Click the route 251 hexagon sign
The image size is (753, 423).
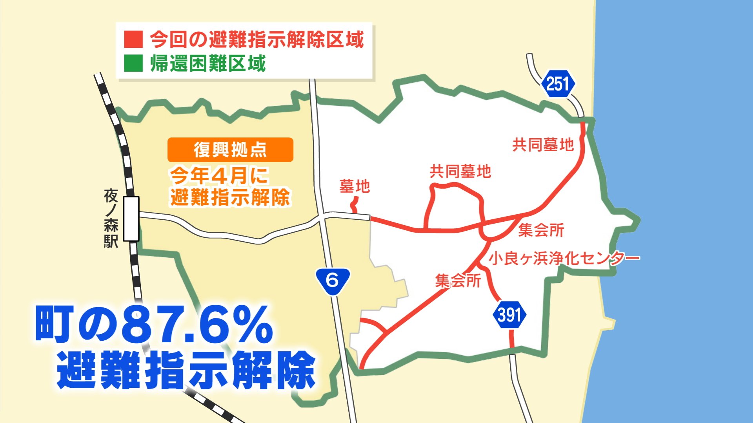557,84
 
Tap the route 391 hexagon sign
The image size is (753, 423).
509,315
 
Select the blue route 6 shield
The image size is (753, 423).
333,280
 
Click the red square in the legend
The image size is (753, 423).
133,40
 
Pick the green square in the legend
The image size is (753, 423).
133,63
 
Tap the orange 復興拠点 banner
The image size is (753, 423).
230,150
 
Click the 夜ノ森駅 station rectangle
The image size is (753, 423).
131,219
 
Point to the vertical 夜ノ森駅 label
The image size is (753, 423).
111,219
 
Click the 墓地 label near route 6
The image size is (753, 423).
355,186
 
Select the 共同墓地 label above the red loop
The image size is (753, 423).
460,172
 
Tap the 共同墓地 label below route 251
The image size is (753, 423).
543,145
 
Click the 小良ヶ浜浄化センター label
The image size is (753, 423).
564,258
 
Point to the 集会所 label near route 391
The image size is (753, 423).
458,280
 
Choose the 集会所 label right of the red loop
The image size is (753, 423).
541,230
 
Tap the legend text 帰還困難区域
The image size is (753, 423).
208,63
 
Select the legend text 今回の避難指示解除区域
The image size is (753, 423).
257,40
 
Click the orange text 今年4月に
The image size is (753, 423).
219,175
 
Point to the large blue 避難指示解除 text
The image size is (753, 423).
186,370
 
